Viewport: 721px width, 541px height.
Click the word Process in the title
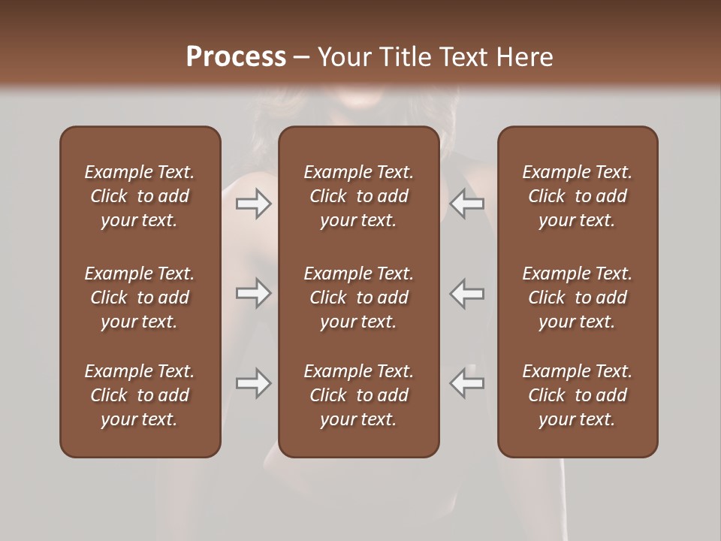point(236,57)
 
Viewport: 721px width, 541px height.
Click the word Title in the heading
point(403,57)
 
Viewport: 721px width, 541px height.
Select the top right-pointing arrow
point(253,204)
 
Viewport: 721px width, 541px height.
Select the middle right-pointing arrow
point(253,293)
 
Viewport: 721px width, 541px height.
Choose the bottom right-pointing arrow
point(253,383)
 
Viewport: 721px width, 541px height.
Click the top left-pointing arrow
point(467,204)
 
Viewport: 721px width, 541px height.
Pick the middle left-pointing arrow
point(467,293)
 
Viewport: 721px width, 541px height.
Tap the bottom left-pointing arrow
point(467,383)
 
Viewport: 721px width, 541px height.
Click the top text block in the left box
point(140,196)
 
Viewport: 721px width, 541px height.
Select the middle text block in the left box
point(140,298)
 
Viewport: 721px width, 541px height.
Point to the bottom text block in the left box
point(140,395)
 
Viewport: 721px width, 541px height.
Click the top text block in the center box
point(358,196)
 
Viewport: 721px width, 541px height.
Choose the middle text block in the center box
point(358,298)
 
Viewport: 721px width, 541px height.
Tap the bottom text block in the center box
point(358,395)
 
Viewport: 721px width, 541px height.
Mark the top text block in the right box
point(578,196)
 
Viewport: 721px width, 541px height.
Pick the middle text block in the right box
point(578,298)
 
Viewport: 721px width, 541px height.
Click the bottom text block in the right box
point(578,395)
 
